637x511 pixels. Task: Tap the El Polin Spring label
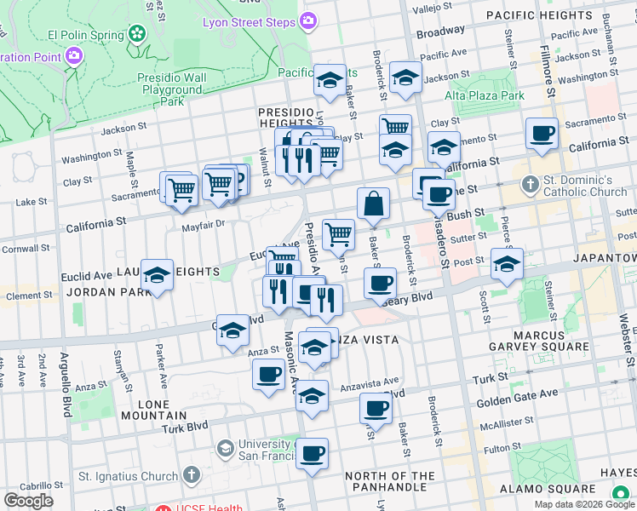click(88, 34)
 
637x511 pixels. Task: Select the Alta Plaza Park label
click(484, 95)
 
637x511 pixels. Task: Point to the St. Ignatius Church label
click(128, 475)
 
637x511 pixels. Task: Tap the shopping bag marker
click(373, 204)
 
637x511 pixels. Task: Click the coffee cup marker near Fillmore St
click(542, 134)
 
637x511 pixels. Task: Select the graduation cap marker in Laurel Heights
click(157, 275)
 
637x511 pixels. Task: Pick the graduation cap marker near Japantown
click(507, 264)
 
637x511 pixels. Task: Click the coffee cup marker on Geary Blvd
click(380, 283)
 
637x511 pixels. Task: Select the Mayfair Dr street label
click(202, 225)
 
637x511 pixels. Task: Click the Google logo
click(29, 501)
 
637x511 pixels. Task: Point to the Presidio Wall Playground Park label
click(172, 89)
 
